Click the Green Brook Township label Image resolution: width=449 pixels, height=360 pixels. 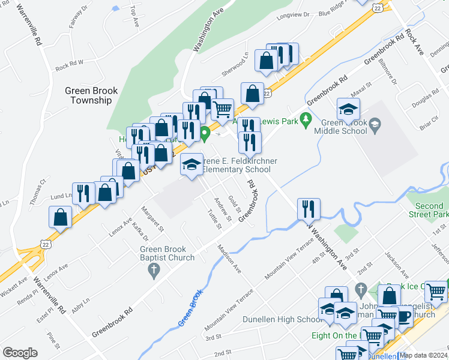[91, 95]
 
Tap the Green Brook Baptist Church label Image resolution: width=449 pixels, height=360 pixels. [167, 253]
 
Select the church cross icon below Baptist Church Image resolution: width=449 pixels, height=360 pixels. [154, 271]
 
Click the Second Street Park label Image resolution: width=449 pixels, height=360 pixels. [429, 209]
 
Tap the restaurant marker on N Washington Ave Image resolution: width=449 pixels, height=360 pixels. [309, 209]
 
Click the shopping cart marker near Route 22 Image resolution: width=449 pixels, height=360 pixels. [222, 109]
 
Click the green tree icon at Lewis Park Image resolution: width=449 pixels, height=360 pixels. [306, 119]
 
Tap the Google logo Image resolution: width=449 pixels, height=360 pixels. [20, 352]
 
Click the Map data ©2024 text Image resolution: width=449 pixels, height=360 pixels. [423, 355]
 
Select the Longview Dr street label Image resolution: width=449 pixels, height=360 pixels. [293, 15]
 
